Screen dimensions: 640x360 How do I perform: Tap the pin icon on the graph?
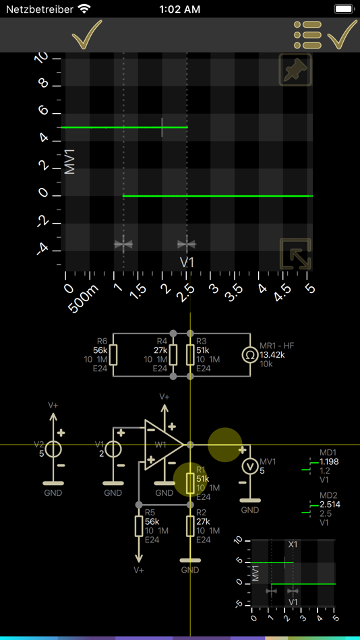pos(295,69)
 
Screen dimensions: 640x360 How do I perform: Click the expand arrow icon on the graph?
pos(295,254)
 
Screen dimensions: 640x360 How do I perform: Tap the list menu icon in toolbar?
pos(307,35)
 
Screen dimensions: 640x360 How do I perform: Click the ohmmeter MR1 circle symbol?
pos(249,355)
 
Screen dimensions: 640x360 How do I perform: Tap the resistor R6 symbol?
pos(113,355)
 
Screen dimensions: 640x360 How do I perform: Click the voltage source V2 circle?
pos(53,449)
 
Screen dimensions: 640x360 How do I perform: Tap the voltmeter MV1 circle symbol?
pos(249,466)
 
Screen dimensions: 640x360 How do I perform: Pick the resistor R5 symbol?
pos(139,525)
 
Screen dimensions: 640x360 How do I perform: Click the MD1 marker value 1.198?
pos(328,461)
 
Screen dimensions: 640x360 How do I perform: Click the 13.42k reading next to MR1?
pos(272,355)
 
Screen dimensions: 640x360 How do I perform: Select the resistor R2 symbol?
pos(190,525)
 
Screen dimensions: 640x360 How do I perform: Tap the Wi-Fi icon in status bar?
pos(84,9)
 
